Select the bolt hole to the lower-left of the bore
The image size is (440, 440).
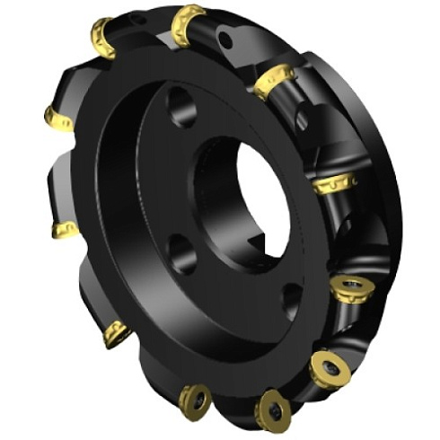[181, 252]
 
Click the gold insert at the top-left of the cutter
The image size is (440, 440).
[102, 37]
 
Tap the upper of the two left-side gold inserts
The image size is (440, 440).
[59, 118]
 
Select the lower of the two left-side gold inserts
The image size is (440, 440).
[64, 231]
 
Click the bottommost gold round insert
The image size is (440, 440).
[272, 411]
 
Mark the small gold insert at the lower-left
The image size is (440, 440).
[116, 333]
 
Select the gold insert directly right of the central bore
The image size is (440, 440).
[333, 185]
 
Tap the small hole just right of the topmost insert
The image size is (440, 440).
[225, 39]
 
